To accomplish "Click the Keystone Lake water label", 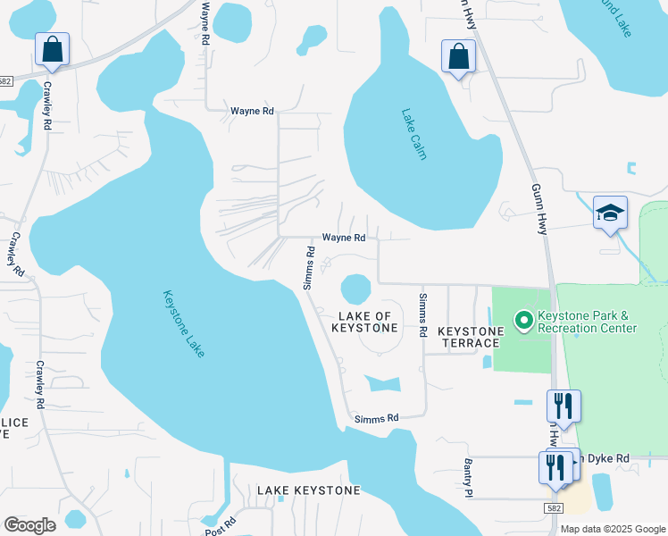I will click(x=184, y=323).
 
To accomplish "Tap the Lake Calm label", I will click(x=413, y=134).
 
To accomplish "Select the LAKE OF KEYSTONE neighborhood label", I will click(x=364, y=322).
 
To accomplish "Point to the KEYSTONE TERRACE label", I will click(x=469, y=337).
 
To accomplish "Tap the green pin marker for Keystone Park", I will click(x=522, y=320).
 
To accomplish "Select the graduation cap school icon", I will click(x=610, y=214).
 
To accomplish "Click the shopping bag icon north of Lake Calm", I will click(x=459, y=57).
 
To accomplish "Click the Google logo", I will click(x=29, y=525).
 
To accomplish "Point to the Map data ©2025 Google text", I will click(x=613, y=529).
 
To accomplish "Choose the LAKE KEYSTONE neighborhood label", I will click(x=309, y=490).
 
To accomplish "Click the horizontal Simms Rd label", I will click(x=376, y=418).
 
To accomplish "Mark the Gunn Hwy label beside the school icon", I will click(x=539, y=210).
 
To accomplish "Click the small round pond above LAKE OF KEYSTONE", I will click(x=355, y=289).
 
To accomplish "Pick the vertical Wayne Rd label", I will click(x=205, y=24).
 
